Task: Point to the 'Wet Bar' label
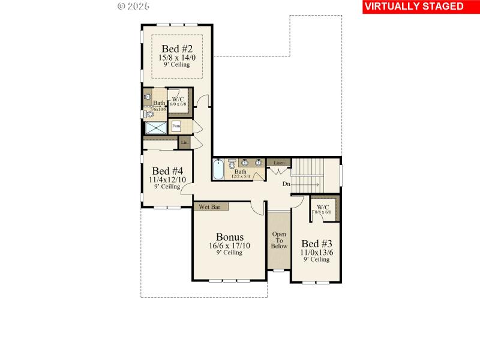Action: pos(210,207)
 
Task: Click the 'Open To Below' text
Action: pos(279,239)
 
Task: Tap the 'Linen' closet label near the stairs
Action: pos(279,163)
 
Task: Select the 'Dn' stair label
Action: pos(287,184)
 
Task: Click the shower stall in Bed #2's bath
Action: pos(157,127)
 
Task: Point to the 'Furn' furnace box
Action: pos(176,127)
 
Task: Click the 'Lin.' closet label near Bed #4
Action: pos(185,142)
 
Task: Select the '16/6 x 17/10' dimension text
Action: pos(229,245)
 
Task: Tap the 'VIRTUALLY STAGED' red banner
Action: pos(414,7)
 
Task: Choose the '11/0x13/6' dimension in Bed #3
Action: pos(316,253)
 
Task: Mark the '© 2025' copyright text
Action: pos(133,6)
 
